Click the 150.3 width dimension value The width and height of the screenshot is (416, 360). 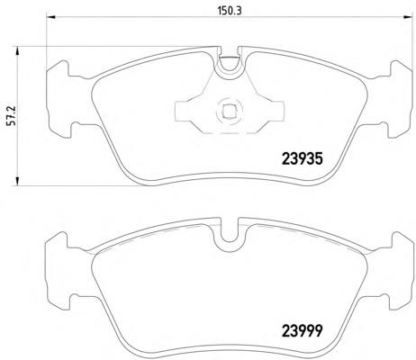[x=230, y=11]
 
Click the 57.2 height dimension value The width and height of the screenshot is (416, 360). [x=12, y=115]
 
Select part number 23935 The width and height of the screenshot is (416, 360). [x=302, y=158]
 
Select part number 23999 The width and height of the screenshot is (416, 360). [x=302, y=331]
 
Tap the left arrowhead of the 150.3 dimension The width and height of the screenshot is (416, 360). [x=50, y=17]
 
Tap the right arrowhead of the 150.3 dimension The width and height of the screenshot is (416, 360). [x=408, y=17]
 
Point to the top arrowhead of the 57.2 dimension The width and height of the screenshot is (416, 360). [x=17, y=50]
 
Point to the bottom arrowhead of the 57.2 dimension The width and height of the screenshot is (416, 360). [x=17, y=181]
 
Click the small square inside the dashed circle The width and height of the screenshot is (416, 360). [x=229, y=112]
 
